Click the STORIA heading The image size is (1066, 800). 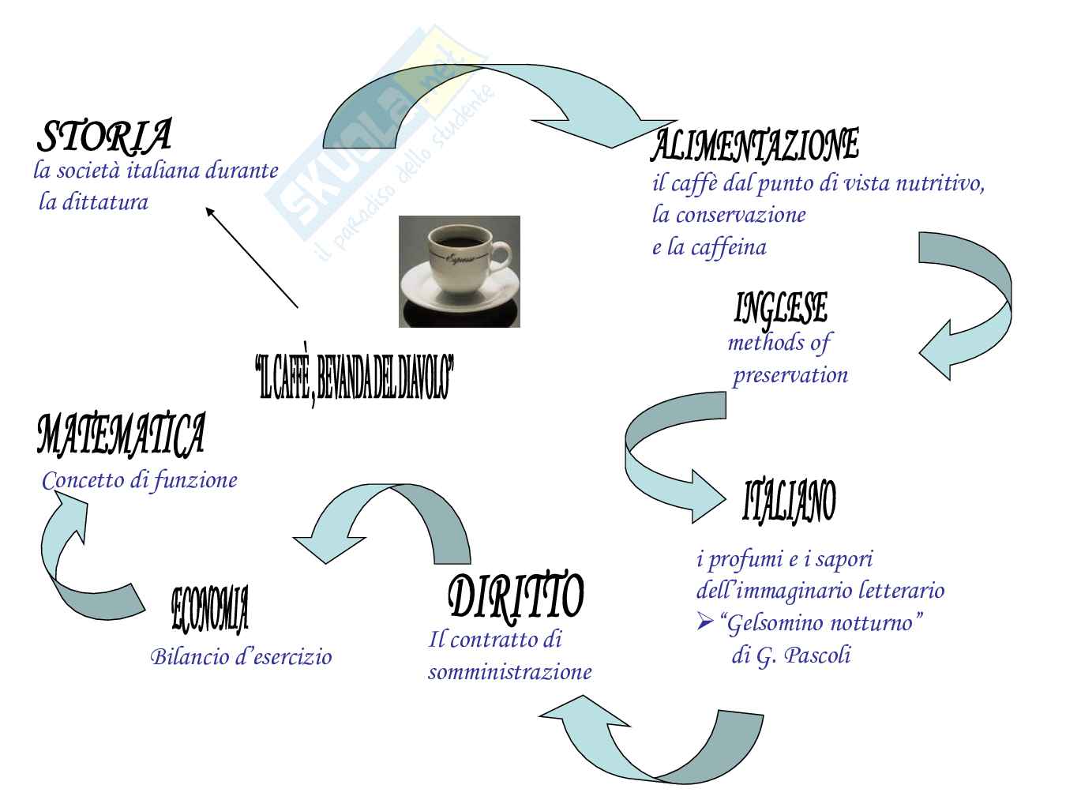(104, 135)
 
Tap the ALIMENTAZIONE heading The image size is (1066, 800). (754, 145)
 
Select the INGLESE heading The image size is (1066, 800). (780, 309)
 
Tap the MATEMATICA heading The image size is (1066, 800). (121, 434)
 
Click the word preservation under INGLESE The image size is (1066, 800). (790, 375)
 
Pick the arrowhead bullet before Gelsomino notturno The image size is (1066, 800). (704, 622)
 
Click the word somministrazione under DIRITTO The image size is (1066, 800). (510, 672)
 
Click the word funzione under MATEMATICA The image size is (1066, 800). (195, 481)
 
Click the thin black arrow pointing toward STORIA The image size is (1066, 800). (252, 257)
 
